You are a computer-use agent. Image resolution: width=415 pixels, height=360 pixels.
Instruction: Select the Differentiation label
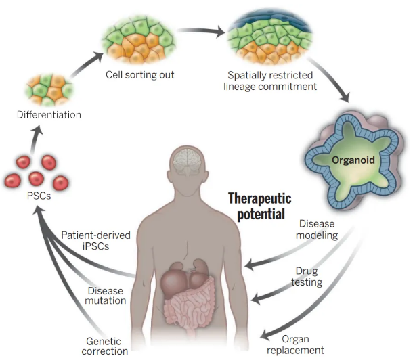point(49,114)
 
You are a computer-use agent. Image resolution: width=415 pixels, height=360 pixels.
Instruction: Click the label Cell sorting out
point(140,74)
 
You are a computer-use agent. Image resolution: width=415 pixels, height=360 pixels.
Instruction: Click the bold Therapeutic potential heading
point(259,205)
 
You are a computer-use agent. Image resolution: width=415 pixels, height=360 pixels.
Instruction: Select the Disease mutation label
point(106,296)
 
